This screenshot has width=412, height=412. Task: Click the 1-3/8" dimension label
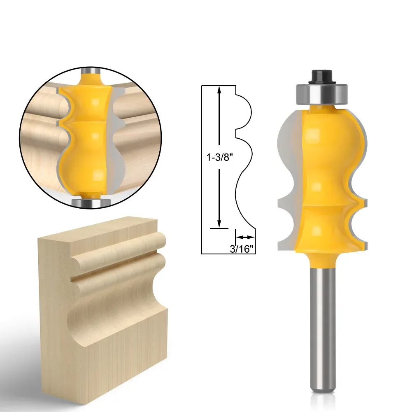[x=220, y=157]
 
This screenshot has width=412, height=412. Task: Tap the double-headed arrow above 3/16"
[x=245, y=237]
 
